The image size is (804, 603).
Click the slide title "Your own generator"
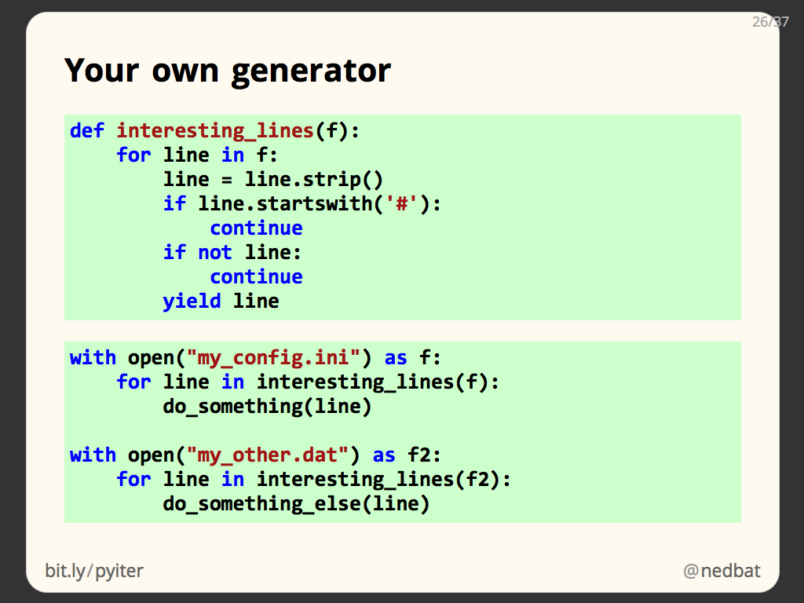point(227,71)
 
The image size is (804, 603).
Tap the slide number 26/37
point(770,21)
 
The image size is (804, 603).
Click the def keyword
point(87,131)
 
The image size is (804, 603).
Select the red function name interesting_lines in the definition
point(215,131)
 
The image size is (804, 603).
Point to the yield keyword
point(192,301)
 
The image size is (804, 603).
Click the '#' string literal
point(402,204)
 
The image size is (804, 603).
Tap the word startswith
point(314,204)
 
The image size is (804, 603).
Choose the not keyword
point(215,253)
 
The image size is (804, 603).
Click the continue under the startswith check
point(257,228)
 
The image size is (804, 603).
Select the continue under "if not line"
point(257,277)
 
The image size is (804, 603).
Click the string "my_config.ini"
point(274,358)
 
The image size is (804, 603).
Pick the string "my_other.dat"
point(268,455)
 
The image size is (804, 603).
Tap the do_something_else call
point(296,504)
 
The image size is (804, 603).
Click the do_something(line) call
point(267,407)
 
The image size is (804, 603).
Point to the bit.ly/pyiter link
point(94,571)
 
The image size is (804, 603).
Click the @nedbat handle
point(722,571)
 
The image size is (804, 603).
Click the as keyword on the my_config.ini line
point(396,358)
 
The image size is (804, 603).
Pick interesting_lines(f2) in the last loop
point(378,480)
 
